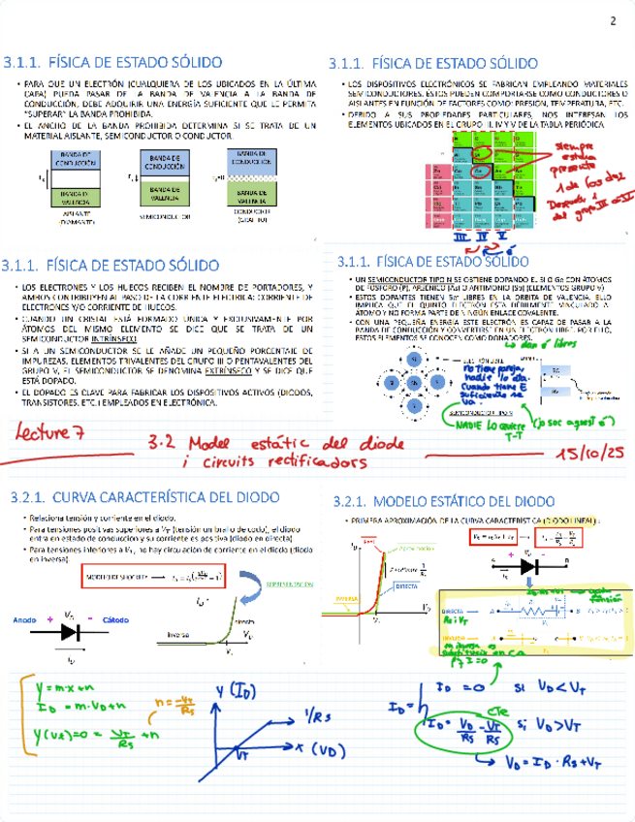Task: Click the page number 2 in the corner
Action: (613, 22)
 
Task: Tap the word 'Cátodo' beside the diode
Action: (115, 618)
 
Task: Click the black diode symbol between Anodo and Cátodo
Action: (71, 631)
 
